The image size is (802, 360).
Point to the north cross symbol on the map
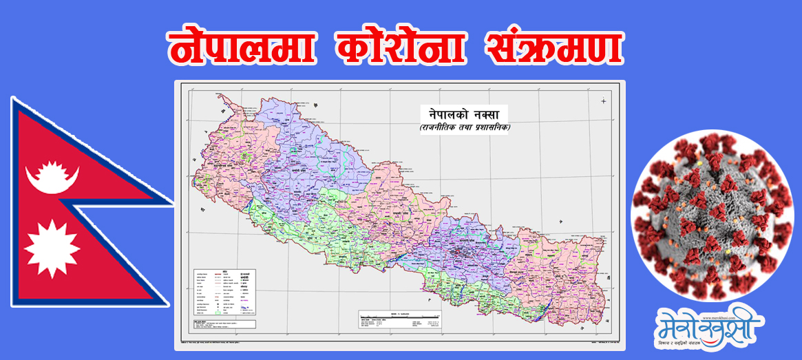[x=603, y=101]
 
